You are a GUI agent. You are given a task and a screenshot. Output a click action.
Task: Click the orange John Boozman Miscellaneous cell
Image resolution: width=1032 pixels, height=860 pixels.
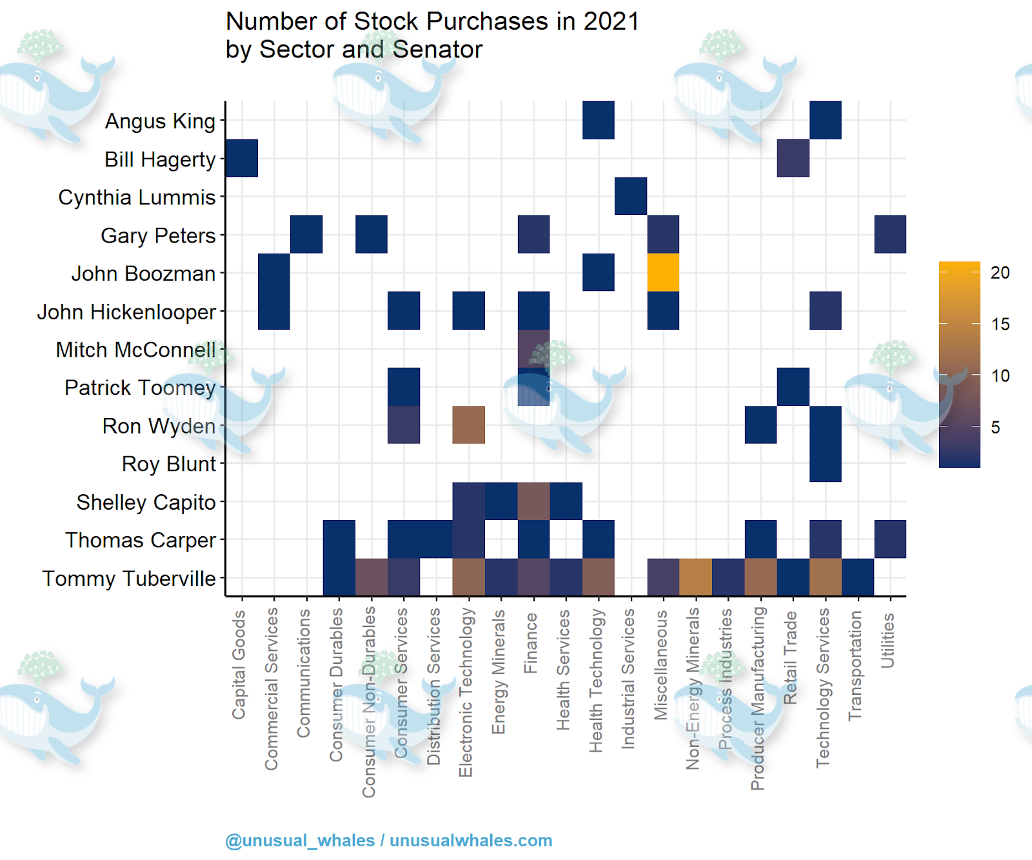(663, 272)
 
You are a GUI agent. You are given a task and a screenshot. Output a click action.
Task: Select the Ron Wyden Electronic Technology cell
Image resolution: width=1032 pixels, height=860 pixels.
(469, 425)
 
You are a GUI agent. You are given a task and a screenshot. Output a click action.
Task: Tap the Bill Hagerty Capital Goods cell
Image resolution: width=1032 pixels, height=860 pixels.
(242, 158)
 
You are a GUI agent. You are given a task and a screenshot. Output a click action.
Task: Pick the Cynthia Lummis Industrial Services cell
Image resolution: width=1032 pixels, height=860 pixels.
(631, 196)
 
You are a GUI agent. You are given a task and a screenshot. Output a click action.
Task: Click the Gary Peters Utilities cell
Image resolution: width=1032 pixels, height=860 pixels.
(890, 234)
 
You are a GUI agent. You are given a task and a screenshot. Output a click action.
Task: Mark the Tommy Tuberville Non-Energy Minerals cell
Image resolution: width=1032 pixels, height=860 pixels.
(695, 577)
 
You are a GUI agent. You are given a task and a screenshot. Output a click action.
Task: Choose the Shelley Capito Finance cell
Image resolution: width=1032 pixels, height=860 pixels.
(533, 501)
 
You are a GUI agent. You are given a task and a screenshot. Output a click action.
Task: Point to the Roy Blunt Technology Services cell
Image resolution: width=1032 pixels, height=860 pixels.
(825, 463)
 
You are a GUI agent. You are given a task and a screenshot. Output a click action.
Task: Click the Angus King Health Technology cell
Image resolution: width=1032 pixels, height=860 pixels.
(598, 120)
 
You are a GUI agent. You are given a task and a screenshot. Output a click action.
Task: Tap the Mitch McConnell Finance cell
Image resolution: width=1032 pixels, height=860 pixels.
(533, 348)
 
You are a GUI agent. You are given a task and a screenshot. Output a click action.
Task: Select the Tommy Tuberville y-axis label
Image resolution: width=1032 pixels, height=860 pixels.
(129, 578)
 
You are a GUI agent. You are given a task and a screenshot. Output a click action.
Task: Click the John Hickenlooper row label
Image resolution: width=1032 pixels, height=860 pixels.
(126, 312)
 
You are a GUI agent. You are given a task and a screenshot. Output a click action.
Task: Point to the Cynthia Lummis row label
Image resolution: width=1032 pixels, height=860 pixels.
(137, 197)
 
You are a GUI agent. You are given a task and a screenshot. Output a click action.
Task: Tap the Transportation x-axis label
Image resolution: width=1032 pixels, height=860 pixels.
(855, 666)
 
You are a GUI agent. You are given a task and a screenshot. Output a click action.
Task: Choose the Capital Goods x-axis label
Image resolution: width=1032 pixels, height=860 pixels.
(239, 665)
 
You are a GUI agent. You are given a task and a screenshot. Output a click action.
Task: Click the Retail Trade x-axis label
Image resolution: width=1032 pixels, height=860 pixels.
(791, 658)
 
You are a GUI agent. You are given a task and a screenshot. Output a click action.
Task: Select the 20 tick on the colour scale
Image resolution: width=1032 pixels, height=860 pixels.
(1000, 273)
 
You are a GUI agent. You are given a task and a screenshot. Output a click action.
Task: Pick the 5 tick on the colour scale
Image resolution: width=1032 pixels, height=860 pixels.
(995, 427)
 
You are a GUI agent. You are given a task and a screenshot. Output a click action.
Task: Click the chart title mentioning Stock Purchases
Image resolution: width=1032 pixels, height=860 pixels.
(432, 35)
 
